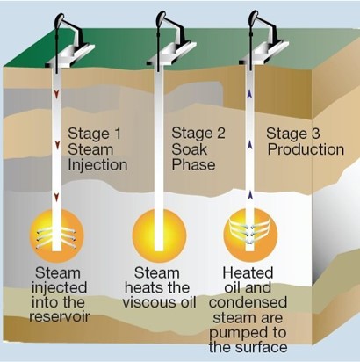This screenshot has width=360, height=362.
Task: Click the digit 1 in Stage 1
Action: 117,134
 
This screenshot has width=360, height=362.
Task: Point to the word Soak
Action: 189,149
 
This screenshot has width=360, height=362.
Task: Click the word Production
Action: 306,149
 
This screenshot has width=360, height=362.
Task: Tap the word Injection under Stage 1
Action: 97,164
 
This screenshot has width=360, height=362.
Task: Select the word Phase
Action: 193,164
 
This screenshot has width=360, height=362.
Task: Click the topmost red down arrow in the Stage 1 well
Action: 56,93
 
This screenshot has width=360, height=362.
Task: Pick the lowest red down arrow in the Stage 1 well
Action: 57,198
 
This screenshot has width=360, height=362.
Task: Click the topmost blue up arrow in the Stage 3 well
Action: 249,94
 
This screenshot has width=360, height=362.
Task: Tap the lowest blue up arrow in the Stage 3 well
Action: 249,195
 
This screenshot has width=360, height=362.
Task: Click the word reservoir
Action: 60,316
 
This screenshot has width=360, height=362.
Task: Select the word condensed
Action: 248,302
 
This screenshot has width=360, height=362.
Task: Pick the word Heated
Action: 248,272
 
